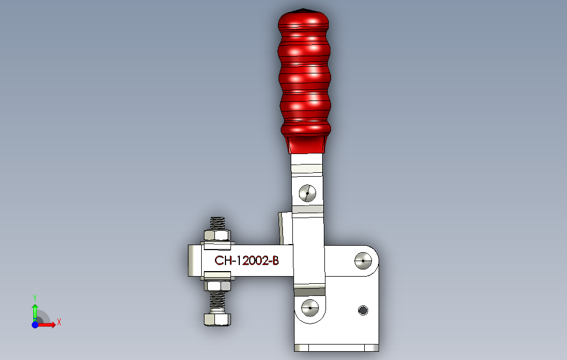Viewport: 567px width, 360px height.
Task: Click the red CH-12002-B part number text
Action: (x=246, y=261)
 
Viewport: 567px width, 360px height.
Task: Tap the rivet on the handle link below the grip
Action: (x=307, y=193)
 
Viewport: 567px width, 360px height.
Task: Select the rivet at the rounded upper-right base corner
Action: (x=363, y=260)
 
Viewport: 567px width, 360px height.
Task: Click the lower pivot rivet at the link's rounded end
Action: (x=310, y=306)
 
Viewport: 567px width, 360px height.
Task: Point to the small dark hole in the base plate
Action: (x=363, y=310)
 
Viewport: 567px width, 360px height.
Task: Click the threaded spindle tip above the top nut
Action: (x=217, y=223)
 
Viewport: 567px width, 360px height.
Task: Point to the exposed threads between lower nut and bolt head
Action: (x=217, y=301)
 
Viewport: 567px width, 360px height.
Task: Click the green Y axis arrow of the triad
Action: (x=35, y=306)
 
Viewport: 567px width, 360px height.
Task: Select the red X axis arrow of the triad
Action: (x=49, y=325)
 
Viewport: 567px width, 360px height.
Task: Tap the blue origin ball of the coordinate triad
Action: (x=35, y=325)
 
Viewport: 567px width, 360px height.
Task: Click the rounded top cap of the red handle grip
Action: (x=304, y=12)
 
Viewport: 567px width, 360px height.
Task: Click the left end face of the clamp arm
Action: (x=191, y=261)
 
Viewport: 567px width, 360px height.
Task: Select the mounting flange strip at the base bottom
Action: (x=337, y=348)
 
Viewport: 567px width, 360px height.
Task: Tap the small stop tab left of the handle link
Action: (x=284, y=227)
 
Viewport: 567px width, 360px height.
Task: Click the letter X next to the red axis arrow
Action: (x=59, y=321)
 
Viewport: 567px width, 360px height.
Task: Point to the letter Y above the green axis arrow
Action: (x=34, y=297)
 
